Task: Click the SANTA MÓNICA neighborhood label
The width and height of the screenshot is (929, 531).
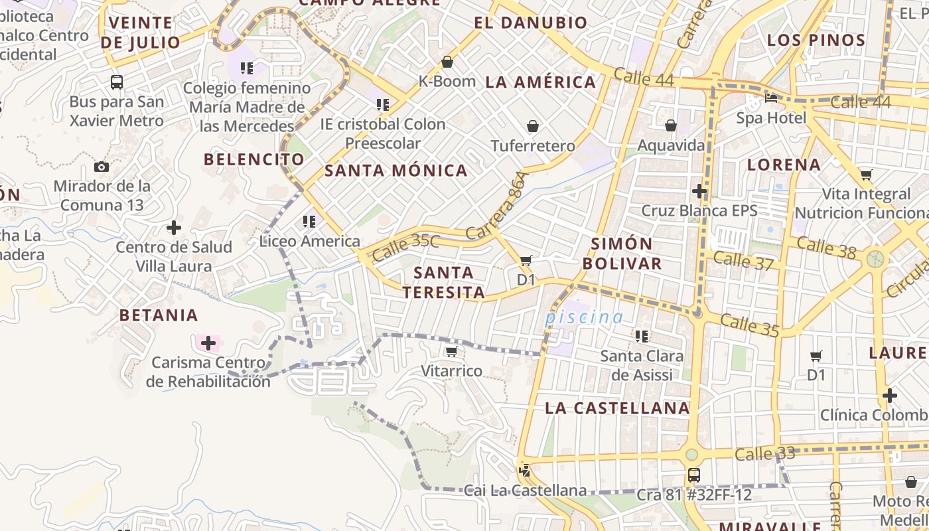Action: pos(396,171)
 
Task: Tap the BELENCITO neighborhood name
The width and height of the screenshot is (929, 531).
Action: pos(254,159)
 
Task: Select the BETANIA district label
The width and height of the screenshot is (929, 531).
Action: pos(159,315)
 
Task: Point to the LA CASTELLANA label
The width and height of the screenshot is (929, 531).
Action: pos(618,408)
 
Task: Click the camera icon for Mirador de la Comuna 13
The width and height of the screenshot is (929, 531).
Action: pos(102,167)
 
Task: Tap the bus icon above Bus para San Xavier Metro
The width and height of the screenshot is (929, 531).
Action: pos(117,82)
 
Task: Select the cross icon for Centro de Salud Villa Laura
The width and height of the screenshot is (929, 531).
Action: pos(174,228)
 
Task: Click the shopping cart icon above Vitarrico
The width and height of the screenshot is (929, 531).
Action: pos(452,351)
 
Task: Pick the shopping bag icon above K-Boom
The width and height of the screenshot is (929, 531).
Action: pos(447,62)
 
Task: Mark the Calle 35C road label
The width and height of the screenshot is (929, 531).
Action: pos(405,246)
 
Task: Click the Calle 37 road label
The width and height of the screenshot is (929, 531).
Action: pos(743,260)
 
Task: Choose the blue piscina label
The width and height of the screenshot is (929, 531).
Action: pos(584,317)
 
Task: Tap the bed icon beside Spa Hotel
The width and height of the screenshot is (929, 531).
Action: pos(771,98)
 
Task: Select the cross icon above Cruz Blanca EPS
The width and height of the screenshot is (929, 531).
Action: pos(699,191)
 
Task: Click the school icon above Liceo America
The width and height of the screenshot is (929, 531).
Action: pos(309,221)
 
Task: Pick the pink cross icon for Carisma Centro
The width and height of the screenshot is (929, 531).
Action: pos(208,343)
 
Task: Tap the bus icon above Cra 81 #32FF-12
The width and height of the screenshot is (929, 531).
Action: pos(694,475)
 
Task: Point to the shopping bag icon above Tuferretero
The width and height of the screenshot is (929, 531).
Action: pos(533,126)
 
